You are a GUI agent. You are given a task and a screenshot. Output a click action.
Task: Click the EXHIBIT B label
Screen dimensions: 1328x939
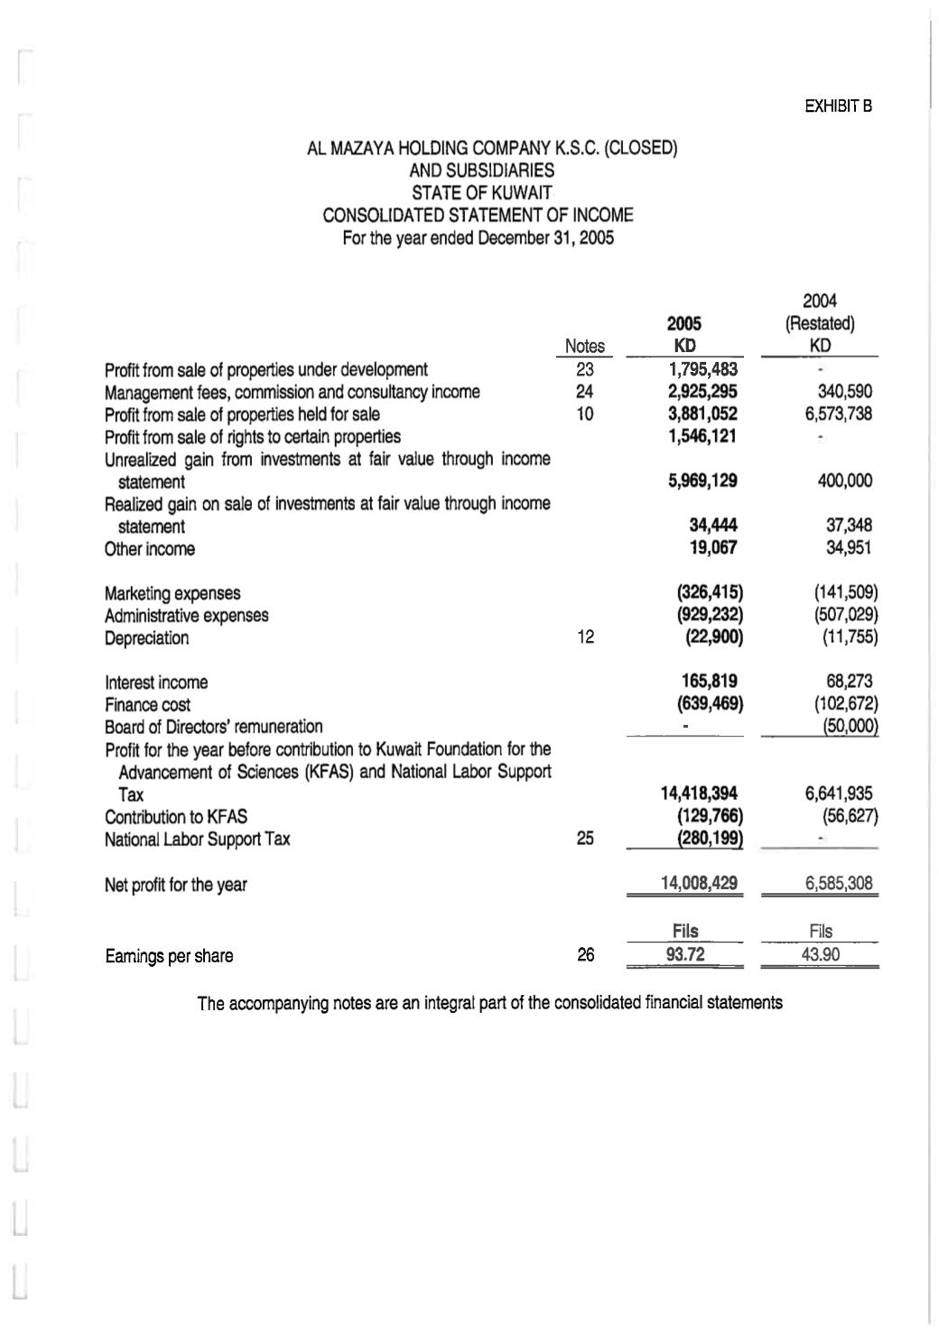coord(838,107)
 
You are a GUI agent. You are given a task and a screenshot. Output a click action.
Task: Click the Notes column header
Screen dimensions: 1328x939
coord(584,346)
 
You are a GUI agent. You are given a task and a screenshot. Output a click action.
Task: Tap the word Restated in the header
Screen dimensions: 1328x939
coord(820,323)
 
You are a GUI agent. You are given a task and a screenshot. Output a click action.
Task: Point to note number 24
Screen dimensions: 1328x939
coord(584,392)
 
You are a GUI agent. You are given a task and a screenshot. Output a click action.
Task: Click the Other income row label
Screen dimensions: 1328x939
coord(150,549)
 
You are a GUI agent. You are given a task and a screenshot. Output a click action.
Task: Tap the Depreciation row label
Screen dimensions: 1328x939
coord(147,638)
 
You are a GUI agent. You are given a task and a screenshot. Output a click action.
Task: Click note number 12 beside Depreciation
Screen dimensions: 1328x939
coord(585,637)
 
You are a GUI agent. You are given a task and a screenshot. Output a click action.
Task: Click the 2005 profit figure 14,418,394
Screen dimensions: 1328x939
coord(700,794)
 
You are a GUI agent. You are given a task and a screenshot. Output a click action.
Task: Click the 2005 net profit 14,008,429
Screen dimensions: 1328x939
coord(700,883)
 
